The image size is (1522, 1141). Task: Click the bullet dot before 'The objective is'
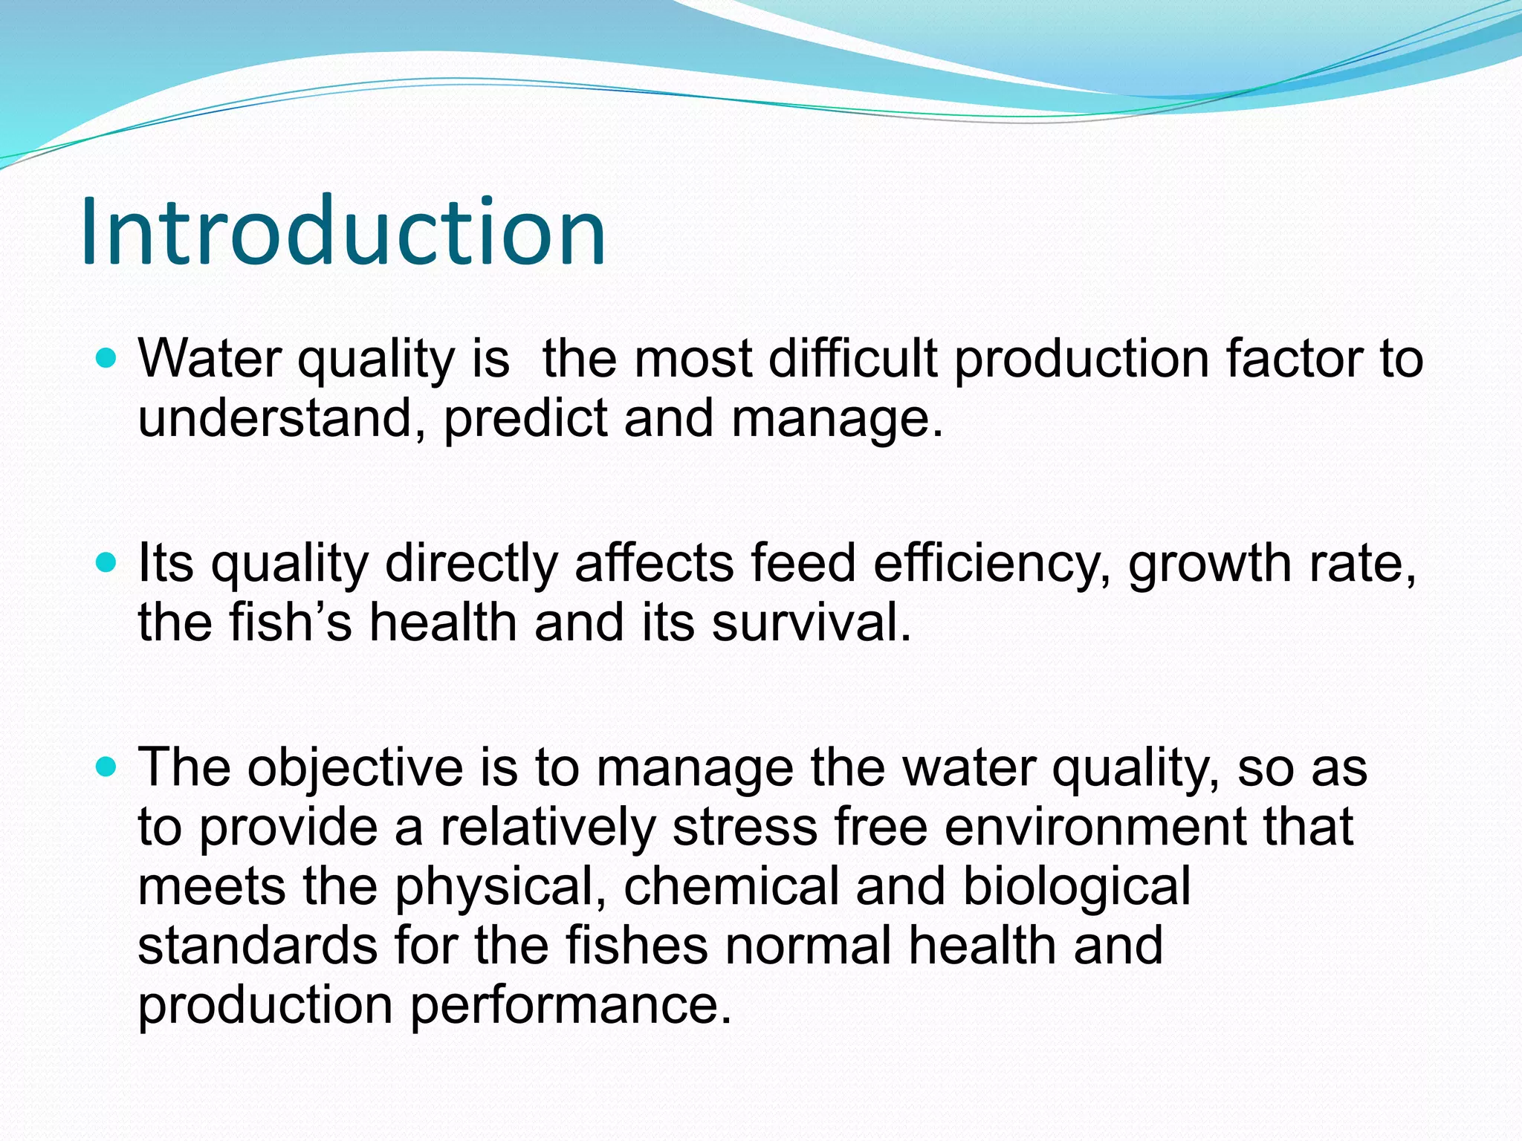(107, 768)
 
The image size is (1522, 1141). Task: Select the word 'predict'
(525, 420)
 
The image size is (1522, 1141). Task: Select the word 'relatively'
(548, 828)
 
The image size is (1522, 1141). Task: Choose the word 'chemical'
(731, 887)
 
